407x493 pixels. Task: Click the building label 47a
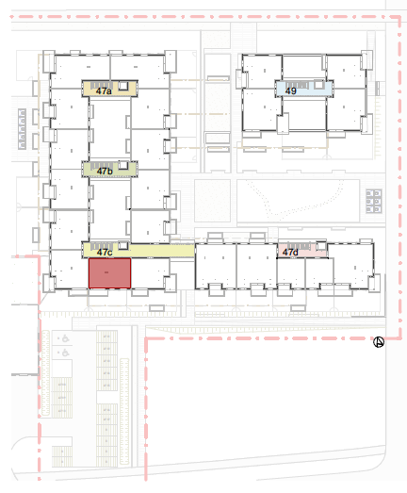pos(104,91)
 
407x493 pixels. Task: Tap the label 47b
pos(105,172)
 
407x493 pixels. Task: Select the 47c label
pos(105,253)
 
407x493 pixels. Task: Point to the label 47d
pos(290,253)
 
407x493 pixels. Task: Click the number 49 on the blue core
pos(291,91)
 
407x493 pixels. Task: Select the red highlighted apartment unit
pos(109,273)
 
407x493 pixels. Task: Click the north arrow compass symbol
pos(379,342)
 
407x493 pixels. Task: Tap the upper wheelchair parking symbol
pos(65,338)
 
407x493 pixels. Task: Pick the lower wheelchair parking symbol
pos(65,353)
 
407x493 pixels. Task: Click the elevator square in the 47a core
pos(123,85)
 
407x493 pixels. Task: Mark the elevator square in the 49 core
pos(318,84)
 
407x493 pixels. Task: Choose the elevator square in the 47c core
pos(123,245)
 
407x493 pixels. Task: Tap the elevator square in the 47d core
pos(321,245)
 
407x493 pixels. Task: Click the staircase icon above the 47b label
pos(100,166)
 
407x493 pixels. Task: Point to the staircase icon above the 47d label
pos(299,245)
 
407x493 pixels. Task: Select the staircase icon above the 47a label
pos(100,85)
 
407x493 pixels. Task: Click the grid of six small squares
pos(374,201)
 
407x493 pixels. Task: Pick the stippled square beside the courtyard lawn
pos(213,201)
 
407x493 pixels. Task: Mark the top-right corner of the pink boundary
pos(399,17)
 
